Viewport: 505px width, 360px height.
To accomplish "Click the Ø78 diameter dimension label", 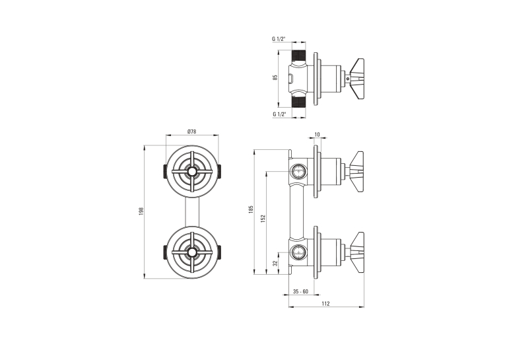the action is click(191, 131).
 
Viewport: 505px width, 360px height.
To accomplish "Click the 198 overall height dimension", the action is click(141, 211).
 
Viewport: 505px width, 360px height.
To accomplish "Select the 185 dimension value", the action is click(252, 209).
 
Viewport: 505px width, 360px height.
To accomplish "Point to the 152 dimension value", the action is click(263, 219).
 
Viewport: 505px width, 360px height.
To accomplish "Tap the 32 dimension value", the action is click(275, 263).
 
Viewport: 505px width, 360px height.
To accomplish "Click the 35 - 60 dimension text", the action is click(300, 292).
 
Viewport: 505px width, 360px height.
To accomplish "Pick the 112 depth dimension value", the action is click(325, 304).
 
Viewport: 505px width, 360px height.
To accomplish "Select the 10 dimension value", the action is click(318, 134).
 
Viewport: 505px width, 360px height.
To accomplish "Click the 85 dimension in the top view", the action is click(275, 78).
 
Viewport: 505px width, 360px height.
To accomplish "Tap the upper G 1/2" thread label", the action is click(279, 39).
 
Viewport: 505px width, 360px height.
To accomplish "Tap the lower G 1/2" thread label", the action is click(279, 114).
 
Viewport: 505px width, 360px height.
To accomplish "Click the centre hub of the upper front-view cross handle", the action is click(192, 172).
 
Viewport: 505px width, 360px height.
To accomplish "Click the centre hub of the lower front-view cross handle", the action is click(192, 252).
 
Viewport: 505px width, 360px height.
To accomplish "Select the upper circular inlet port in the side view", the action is click(298, 171).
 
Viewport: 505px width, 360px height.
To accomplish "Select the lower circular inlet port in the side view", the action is click(298, 252).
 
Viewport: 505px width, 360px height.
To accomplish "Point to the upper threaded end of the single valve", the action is click(298, 57).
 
